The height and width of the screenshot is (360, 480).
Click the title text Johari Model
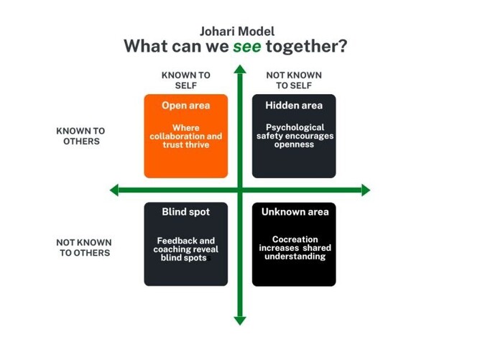(237, 32)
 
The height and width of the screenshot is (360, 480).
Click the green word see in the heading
(246, 47)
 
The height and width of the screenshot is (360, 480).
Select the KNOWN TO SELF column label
(186, 80)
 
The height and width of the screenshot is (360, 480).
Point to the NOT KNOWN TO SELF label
(294, 80)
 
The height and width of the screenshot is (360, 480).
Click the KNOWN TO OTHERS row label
(80, 136)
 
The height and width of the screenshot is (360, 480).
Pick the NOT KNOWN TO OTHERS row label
(84, 247)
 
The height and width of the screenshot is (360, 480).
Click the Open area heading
(185, 106)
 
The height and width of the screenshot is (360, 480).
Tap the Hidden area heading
(294, 106)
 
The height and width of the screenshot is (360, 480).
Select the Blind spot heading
(185, 212)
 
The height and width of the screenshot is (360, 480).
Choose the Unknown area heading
(295, 212)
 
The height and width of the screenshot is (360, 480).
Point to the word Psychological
(295, 128)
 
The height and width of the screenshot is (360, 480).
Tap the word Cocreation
(295, 240)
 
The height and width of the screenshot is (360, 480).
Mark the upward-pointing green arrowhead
(240, 70)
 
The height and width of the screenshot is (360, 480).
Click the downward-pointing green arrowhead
(240, 320)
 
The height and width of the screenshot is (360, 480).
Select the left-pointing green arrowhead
(114, 190)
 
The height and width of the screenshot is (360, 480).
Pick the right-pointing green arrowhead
(366, 190)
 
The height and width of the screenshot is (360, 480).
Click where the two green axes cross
(240, 190)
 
